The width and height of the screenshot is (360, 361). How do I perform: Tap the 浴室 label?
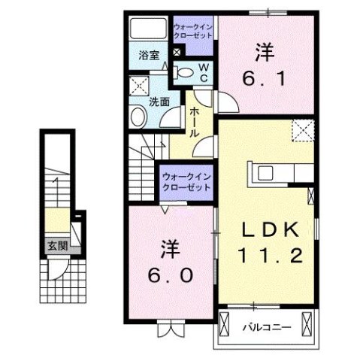[x=149, y=55]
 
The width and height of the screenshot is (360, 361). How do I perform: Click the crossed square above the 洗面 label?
[x=138, y=84]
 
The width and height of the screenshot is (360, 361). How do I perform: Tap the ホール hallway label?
[x=194, y=120]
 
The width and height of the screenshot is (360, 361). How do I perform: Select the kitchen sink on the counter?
[x=268, y=171]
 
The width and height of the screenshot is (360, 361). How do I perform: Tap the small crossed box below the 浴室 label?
[x=175, y=53]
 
